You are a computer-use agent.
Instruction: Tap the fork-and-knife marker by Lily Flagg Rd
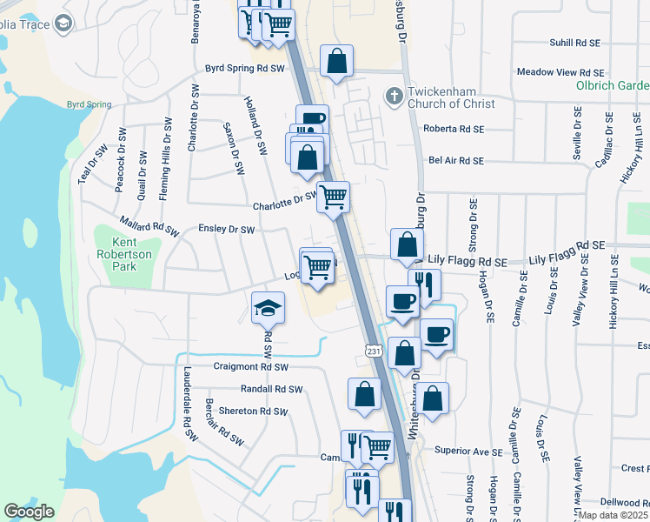[x=424, y=284]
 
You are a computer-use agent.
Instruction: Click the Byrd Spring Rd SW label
[x=244, y=67]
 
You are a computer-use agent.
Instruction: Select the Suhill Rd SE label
[x=574, y=42]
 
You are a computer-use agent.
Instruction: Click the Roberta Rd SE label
[x=452, y=129]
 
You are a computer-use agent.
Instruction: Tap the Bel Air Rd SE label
[x=455, y=160]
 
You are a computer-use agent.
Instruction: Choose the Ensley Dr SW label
[x=226, y=230]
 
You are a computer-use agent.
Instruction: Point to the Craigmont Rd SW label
[x=250, y=367]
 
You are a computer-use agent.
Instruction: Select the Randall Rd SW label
[x=271, y=389]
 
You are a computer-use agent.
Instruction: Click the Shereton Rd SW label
[x=251, y=411]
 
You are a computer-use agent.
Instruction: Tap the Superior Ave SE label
[x=468, y=452]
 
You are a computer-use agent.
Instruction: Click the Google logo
[x=30, y=512]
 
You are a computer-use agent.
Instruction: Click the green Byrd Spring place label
[x=89, y=104]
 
